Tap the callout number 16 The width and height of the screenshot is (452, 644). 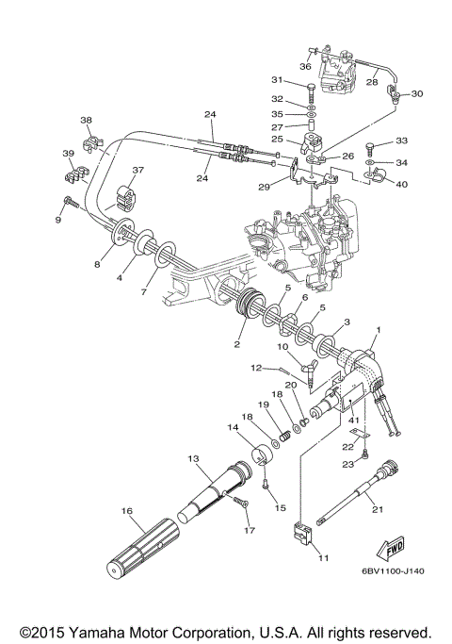124,511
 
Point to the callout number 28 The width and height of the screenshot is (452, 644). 372,83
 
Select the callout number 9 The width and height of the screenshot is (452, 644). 57,220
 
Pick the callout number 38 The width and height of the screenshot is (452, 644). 86,120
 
